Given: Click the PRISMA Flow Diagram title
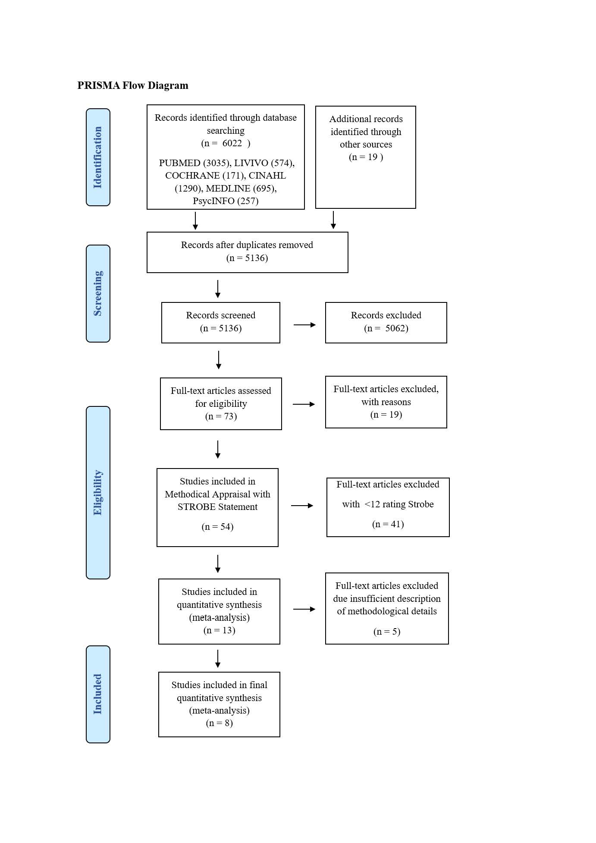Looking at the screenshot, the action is (133, 85).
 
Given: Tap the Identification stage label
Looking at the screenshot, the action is (98, 157).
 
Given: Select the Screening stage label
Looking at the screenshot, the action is (98, 293).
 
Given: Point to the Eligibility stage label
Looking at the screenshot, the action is (98, 492).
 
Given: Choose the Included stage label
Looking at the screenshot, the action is (98, 694).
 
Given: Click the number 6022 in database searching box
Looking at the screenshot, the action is (232, 143).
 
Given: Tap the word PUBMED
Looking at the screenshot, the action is (179, 163).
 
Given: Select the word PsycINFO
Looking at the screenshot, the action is (213, 201).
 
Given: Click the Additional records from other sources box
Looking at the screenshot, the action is (366, 157).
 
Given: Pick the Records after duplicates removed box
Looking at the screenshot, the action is (248, 252).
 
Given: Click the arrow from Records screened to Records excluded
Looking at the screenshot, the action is (304, 325).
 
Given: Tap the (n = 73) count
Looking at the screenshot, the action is (221, 416).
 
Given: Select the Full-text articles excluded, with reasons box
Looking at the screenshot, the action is (386, 402).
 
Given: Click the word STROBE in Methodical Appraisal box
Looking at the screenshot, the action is (194, 507).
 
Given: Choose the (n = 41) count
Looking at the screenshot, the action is (388, 524).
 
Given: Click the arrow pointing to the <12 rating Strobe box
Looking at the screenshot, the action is (302, 506).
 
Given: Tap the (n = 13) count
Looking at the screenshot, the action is (220, 630).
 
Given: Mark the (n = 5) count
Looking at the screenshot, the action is (387, 632).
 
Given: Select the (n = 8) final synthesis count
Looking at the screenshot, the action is (220, 723).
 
